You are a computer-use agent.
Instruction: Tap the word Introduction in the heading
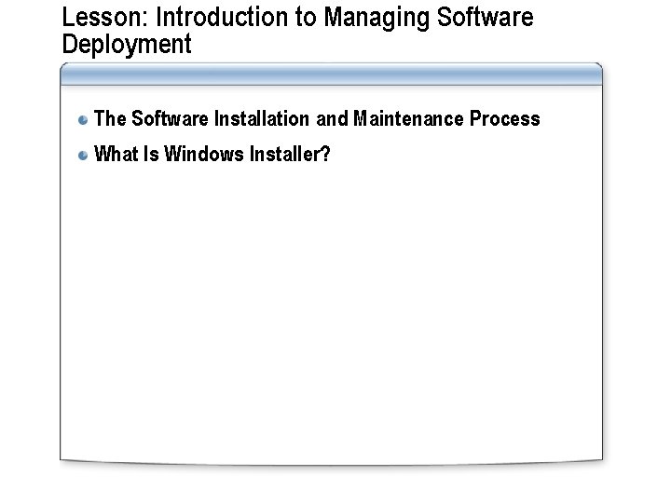coord(198,19)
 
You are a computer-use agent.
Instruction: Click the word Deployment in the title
coord(126,45)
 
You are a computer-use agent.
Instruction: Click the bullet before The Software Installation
coord(84,119)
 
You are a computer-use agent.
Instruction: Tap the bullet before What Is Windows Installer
coord(84,155)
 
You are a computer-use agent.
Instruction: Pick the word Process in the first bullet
coord(505,119)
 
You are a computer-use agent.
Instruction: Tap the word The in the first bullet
coord(110,119)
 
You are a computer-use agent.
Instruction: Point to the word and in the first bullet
coord(334,119)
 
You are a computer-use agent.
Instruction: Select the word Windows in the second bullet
coord(204,155)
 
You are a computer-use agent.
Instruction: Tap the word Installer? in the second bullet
coord(291,155)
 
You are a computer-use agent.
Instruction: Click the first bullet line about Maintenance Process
coord(317,119)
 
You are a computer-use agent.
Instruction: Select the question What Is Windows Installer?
coord(212,155)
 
